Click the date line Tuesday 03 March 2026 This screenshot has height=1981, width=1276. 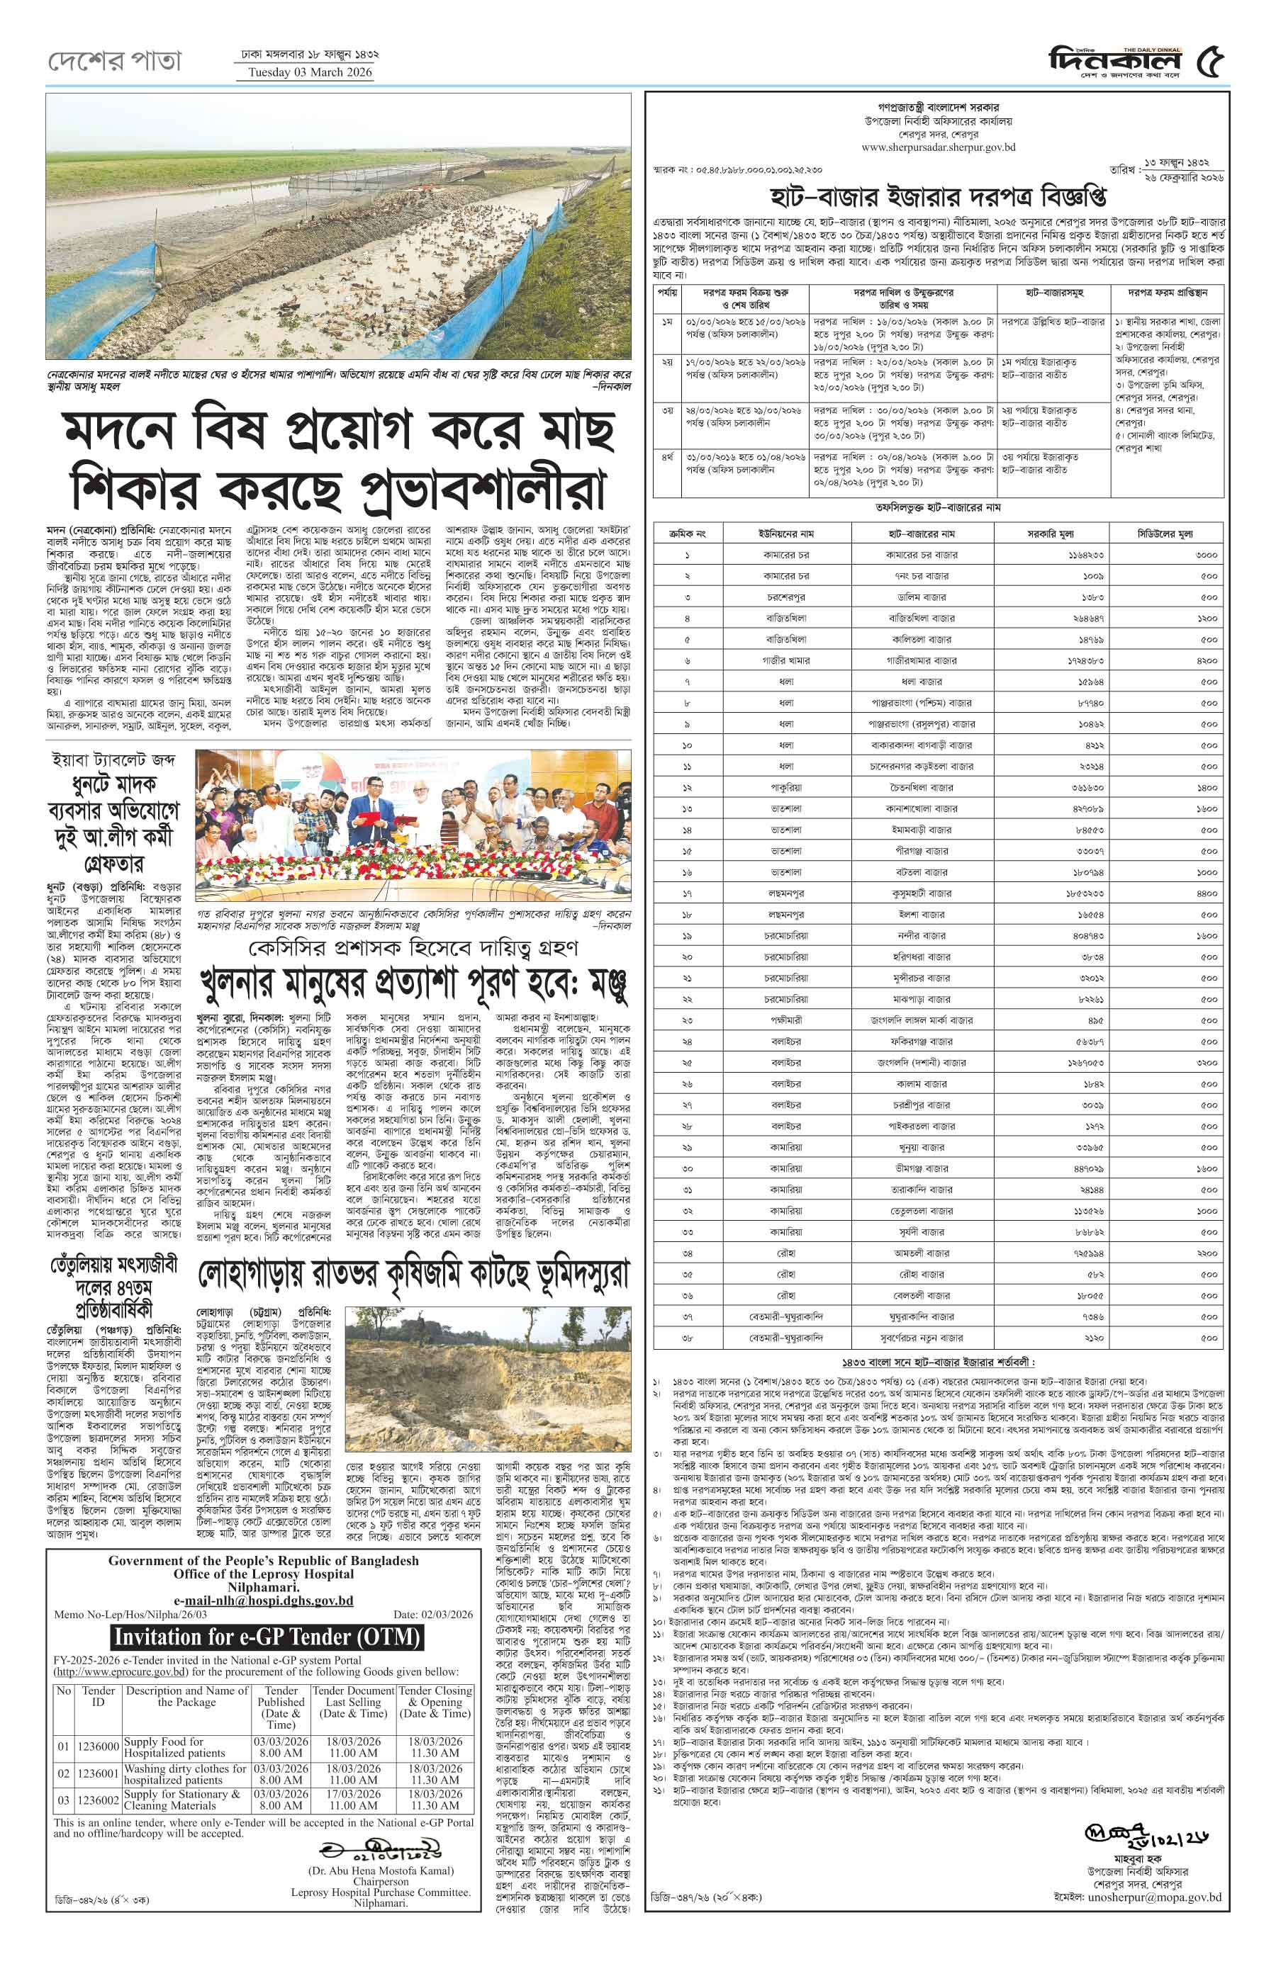point(310,72)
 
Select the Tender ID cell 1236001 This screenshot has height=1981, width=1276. point(98,1773)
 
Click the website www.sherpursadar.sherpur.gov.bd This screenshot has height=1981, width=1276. point(938,147)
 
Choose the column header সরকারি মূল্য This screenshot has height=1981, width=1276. point(1050,534)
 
